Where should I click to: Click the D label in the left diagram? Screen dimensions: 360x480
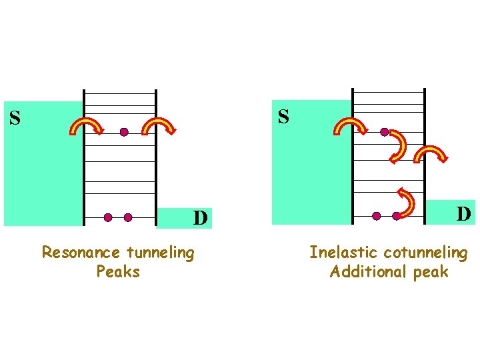200,218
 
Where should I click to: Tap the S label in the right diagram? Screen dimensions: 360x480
283,117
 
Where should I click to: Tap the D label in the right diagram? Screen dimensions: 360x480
464,214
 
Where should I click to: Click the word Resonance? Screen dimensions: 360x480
81,253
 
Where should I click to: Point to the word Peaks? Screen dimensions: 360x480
118,272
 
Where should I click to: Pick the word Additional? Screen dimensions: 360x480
361,272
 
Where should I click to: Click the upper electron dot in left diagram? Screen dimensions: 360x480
124,132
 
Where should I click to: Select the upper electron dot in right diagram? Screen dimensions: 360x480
384,132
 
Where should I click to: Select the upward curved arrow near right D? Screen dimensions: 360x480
405,200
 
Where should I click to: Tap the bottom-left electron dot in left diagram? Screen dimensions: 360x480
108,217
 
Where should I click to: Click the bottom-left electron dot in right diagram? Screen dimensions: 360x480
377,216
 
